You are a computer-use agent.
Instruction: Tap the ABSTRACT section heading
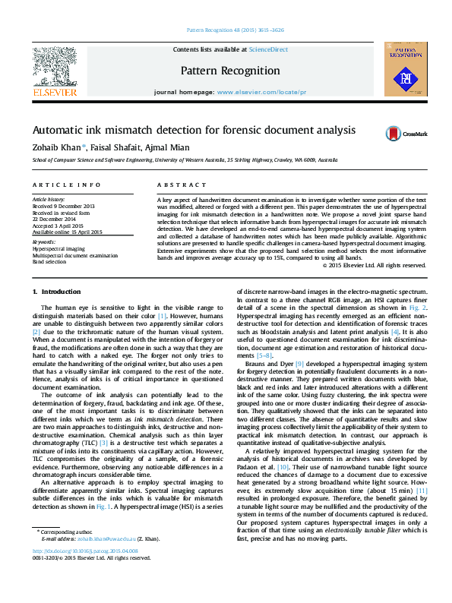[x=171, y=185]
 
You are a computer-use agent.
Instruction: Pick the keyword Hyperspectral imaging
[x=58, y=249]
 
